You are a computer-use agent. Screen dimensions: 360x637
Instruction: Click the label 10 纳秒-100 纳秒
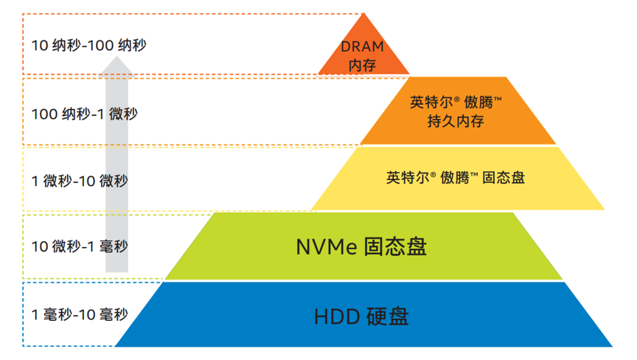tap(89, 46)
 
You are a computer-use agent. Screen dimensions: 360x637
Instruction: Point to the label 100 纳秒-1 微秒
tap(84, 114)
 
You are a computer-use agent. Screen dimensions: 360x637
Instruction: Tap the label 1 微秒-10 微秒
tap(79, 181)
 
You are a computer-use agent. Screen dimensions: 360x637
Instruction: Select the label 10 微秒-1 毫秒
tap(79, 246)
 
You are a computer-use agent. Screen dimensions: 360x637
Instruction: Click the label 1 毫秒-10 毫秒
tap(79, 315)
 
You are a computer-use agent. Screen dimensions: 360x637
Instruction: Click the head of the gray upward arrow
tap(116, 68)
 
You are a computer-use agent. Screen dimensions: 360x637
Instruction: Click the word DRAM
tap(363, 47)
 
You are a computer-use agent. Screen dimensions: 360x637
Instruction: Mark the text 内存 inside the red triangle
tap(363, 65)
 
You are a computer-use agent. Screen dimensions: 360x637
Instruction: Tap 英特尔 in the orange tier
tap(426, 101)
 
